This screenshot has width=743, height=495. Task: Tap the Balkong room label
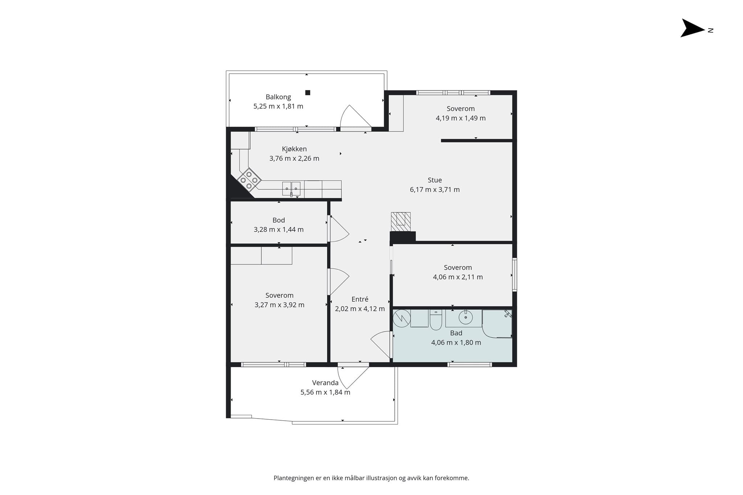(x=278, y=97)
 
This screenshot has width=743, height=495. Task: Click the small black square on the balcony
(x=308, y=92)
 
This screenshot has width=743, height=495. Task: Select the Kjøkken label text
(x=294, y=149)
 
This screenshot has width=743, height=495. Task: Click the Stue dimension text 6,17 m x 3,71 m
(x=435, y=190)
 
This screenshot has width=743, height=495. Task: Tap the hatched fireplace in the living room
(x=401, y=221)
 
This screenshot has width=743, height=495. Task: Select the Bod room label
(x=279, y=220)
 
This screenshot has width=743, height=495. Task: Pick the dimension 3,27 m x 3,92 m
(x=279, y=305)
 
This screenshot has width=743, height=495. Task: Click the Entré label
(x=360, y=299)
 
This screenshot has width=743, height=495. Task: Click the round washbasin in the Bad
(x=465, y=318)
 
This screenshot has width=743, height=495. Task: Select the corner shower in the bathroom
(x=497, y=324)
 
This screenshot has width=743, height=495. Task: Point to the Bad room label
(x=456, y=333)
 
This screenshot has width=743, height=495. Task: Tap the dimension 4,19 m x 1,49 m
(x=461, y=118)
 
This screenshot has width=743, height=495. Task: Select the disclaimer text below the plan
(x=371, y=478)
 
